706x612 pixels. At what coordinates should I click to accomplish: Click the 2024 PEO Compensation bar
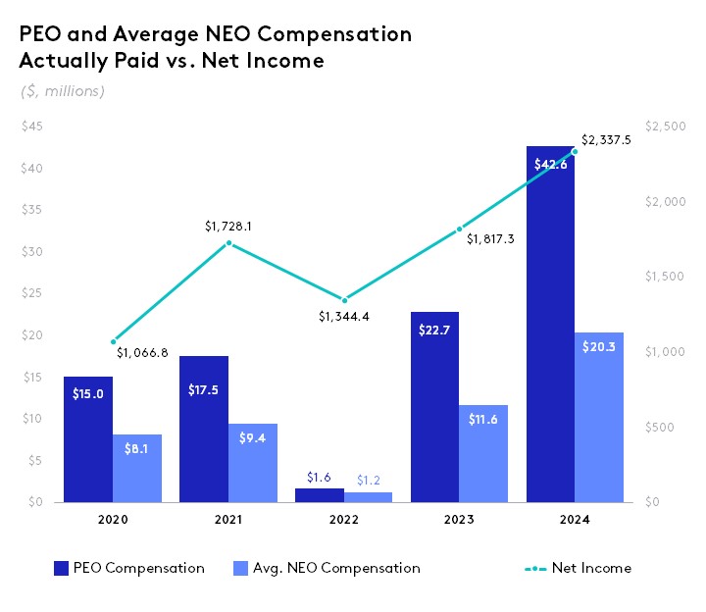tap(550, 324)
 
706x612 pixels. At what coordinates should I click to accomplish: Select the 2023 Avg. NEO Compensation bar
tap(484, 453)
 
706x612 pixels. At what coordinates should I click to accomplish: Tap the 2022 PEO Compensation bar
tap(320, 495)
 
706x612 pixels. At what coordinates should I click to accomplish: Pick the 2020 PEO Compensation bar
tap(88, 439)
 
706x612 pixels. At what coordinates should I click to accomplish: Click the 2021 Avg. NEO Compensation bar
tap(253, 463)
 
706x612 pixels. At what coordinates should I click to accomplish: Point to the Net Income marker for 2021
tap(228, 243)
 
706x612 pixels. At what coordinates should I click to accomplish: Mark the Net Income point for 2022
tap(344, 300)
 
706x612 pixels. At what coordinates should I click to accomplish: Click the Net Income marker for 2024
tap(575, 151)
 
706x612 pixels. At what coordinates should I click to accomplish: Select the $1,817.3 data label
tap(489, 238)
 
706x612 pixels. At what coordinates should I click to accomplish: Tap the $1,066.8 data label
tap(142, 352)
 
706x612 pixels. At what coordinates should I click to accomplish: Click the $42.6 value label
tap(550, 165)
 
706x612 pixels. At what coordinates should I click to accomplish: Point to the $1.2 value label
tap(369, 479)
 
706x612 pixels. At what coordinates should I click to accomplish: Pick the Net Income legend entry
tap(579, 568)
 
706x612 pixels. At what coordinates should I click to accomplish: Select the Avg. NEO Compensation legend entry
tap(328, 568)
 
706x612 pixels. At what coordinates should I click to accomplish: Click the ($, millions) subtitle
tap(62, 91)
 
